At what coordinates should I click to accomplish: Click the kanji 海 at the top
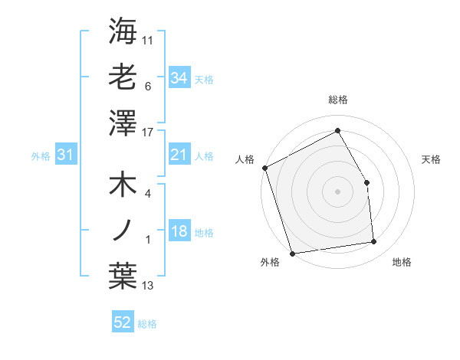(x=123, y=32)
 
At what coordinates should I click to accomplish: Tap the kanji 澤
(x=123, y=123)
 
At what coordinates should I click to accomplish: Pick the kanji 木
(x=123, y=187)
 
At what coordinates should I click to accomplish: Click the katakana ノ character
(x=123, y=231)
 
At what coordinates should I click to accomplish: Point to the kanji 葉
(x=123, y=276)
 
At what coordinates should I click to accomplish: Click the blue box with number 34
(x=179, y=77)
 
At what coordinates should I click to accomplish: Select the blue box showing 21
(x=179, y=155)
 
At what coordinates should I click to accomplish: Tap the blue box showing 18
(x=179, y=232)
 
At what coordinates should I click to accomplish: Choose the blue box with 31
(x=66, y=155)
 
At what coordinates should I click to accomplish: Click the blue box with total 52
(x=123, y=322)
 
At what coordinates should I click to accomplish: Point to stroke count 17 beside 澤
(x=148, y=133)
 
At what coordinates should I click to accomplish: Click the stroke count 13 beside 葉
(x=148, y=286)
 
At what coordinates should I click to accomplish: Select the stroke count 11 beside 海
(x=148, y=39)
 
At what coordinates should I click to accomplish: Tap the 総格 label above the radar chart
(x=337, y=100)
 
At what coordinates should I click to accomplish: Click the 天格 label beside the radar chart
(x=431, y=159)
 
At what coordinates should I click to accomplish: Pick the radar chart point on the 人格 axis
(x=265, y=168)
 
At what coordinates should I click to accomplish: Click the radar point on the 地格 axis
(x=374, y=242)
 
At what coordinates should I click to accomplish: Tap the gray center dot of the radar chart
(x=337, y=191)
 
